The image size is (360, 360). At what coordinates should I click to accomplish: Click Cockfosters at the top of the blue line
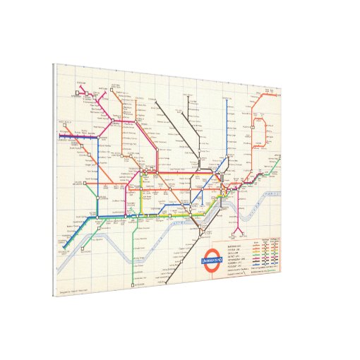[x=230, y=104]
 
